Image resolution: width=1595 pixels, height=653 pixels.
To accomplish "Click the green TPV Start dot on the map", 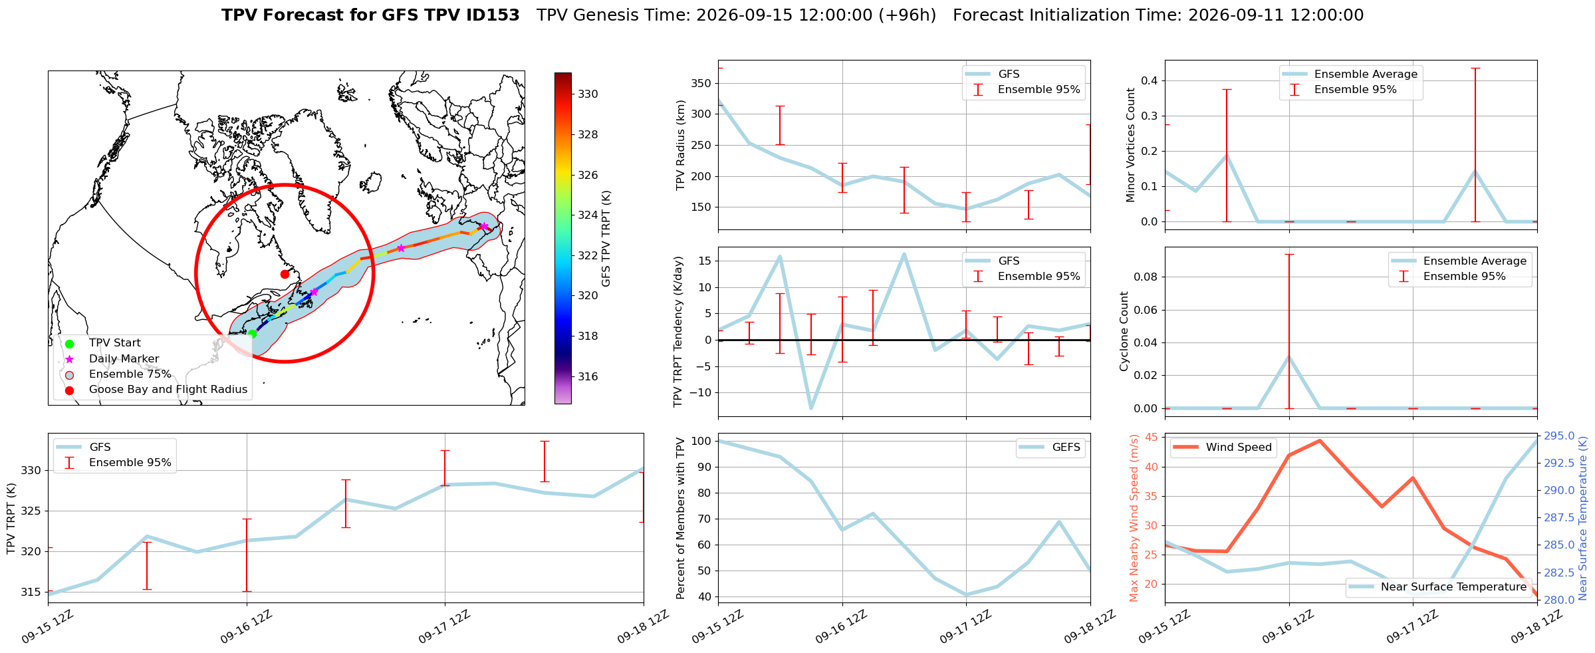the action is (252, 334).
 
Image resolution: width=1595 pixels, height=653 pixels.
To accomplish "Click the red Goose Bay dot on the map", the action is (285, 274).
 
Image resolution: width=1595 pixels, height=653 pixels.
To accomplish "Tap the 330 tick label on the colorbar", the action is (588, 94).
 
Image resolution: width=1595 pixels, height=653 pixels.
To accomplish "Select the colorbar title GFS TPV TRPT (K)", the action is (606, 239).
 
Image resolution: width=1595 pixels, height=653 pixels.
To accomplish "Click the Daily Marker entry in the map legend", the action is (124, 358).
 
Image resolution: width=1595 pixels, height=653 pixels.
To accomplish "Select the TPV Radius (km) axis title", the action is (680, 145).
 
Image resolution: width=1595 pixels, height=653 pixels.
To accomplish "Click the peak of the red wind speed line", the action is (1320, 440).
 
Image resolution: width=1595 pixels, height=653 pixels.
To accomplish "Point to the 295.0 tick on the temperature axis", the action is (1558, 436).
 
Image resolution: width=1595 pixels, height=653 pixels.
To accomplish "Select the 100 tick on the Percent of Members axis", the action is (701, 441).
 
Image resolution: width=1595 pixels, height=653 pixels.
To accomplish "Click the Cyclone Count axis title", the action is (1124, 331).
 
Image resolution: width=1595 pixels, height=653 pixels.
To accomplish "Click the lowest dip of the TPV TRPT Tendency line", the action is (811, 408).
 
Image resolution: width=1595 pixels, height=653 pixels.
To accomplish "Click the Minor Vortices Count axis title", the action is (1130, 145).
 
